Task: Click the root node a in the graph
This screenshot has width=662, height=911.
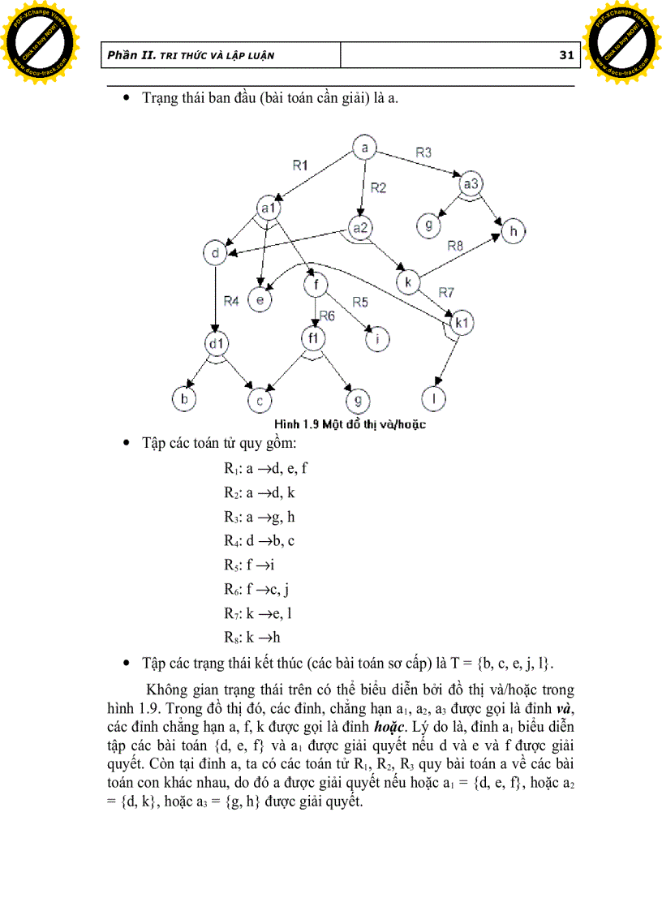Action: coord(365,148)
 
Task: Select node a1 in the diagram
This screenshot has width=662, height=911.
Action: coord(268,208)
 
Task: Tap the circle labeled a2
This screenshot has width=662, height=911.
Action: coord(359,228)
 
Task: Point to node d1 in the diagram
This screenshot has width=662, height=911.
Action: coord(215,344)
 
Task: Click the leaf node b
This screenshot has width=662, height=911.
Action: coord(183,398)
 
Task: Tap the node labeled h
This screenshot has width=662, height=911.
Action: coord(513,232)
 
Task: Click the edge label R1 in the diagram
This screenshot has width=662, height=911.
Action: coord(301,165)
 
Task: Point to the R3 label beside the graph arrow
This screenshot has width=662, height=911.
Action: coord(423,152)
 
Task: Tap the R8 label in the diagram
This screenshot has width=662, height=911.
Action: coord(455,246)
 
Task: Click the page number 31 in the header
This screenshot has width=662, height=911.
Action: coord(566,55)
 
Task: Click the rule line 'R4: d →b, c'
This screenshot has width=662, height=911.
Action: coord(259,539)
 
